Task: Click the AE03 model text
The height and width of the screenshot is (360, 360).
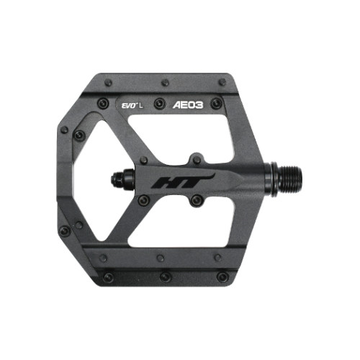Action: (187, 104)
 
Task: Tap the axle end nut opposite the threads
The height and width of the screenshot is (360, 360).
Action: (118, 179)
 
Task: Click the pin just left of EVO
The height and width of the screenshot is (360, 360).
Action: (103, 104)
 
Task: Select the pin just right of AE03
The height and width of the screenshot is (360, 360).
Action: (216, 104)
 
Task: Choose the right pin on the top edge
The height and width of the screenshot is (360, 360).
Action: (222, 82)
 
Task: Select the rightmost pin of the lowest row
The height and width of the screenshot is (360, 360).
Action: (222, 276)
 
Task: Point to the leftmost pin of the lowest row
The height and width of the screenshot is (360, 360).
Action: (109, 276)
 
